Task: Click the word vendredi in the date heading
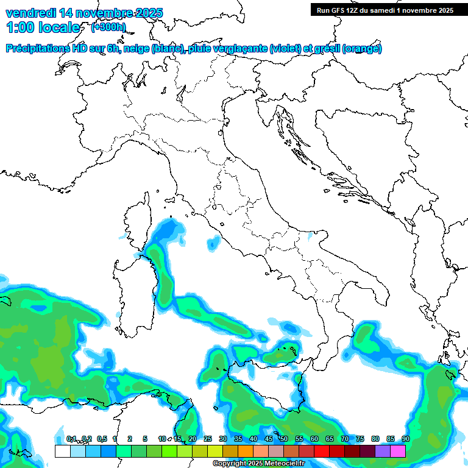pos(29,13)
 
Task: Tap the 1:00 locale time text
pos(43,28)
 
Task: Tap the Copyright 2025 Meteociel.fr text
pos(258,464)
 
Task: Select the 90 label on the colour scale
pos(405,439)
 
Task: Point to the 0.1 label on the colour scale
pos(71,439)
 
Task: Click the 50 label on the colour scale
pos(284,439)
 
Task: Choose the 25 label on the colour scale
pos(208,439)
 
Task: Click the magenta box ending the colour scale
pos(398,451)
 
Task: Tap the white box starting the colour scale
pos(62,451)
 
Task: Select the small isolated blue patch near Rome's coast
pos(213,244)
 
